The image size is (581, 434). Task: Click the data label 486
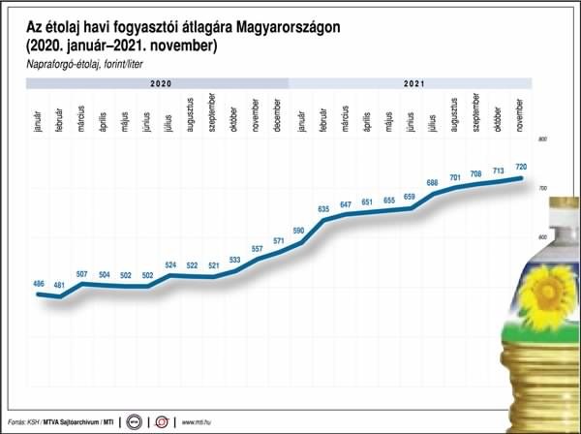39,283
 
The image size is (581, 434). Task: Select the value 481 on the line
60,285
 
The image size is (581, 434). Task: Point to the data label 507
82,274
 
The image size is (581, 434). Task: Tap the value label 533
235,260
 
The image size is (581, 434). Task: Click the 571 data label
279,240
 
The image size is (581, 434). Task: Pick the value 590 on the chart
300,231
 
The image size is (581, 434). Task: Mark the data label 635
323,208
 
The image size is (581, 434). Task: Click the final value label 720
521,168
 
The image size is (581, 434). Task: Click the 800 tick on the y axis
542,141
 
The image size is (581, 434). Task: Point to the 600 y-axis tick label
542,238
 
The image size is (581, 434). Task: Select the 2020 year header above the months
161,85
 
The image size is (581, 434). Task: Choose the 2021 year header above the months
413,85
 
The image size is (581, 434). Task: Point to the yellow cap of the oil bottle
566,205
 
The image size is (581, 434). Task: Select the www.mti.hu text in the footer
194,421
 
